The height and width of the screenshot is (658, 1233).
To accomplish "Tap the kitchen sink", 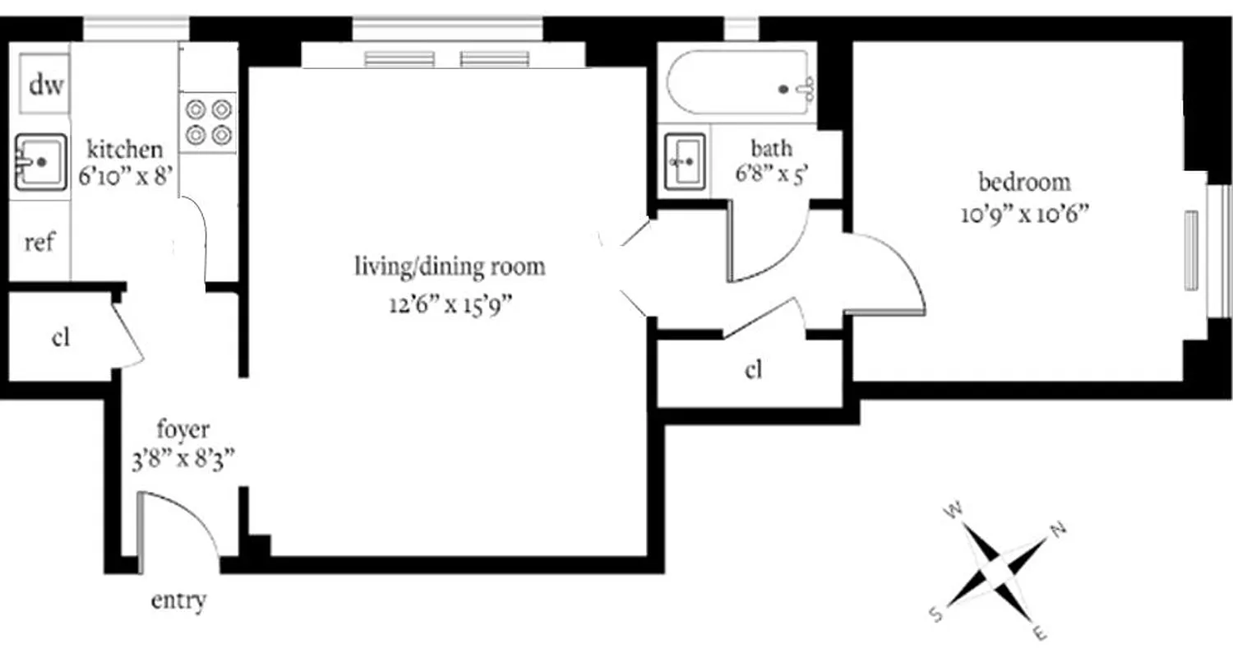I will pos(39,162).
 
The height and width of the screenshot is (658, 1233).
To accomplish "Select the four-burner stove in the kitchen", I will pos(208,122).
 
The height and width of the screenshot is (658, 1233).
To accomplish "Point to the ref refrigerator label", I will pos(39,244).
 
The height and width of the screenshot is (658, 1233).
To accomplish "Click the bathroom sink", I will pos(685,161).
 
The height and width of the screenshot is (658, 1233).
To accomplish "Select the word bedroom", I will pos(1024,181).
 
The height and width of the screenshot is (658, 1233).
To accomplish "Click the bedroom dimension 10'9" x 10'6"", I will pos(1024,215).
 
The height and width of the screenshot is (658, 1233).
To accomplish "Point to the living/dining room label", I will pos(450,266).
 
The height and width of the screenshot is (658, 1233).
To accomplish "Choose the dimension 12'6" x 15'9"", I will pos(450,305).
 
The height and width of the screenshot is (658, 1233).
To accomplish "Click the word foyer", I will pos(182,429).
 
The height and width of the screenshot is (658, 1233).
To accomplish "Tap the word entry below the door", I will pos(178,601).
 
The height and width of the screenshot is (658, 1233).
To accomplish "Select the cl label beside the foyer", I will pos(60,338).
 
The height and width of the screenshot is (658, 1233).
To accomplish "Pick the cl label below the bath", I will pos(753,370).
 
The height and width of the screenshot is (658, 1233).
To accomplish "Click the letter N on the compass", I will pos(1058,529).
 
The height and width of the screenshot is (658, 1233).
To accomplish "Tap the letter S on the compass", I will pos(935,613).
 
